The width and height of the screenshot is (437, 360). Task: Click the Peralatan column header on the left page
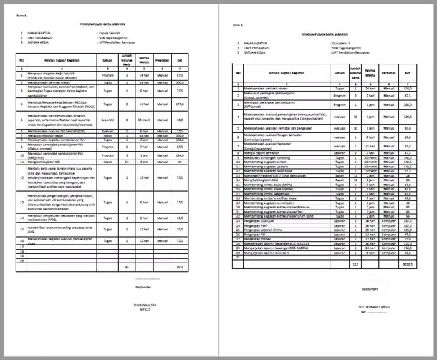pos(162,60)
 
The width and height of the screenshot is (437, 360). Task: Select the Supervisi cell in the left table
pos(108,120)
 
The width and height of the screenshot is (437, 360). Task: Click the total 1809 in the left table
pos(180,266)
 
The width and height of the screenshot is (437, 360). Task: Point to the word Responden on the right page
pos(370,289)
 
